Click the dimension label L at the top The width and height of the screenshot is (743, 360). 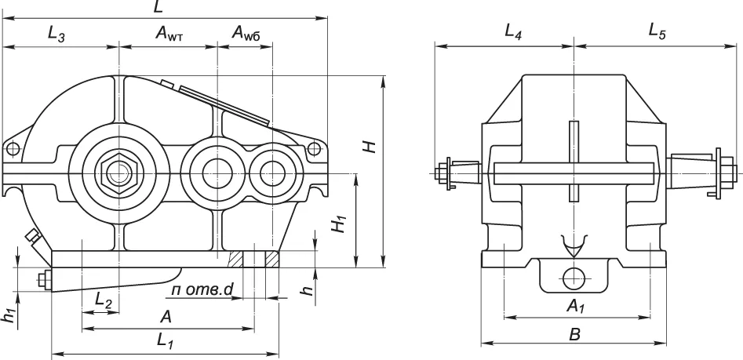tap(159, 8)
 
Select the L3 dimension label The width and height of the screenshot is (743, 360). tap(56, 34)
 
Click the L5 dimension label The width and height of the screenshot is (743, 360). tap(657, 33)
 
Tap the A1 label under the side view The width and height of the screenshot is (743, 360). tap(575, 304)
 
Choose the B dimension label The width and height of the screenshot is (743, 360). tap(574, 334)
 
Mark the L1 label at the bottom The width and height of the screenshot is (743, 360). tap(165, 341)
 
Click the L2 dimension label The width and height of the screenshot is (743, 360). tap(103, 299)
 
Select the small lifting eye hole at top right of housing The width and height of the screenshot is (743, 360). tap(313, 147)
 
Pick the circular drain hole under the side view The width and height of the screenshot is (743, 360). tap(574, 275)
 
